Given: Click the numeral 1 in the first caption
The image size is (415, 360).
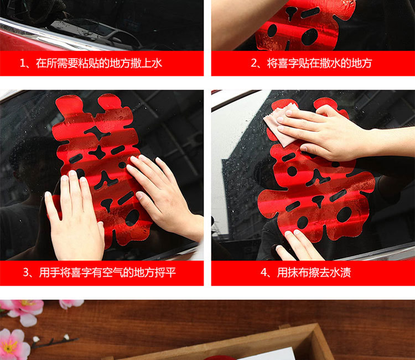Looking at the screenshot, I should (23, 64).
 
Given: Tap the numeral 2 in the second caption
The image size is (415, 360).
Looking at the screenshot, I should (255, 64).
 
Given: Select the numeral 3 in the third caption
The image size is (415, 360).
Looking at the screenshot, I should (27, 273).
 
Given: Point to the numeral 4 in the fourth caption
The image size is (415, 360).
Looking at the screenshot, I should (264, 273).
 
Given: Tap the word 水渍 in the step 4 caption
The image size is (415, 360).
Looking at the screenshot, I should (342, 273).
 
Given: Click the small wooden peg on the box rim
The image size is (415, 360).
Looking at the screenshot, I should (284, 327).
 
